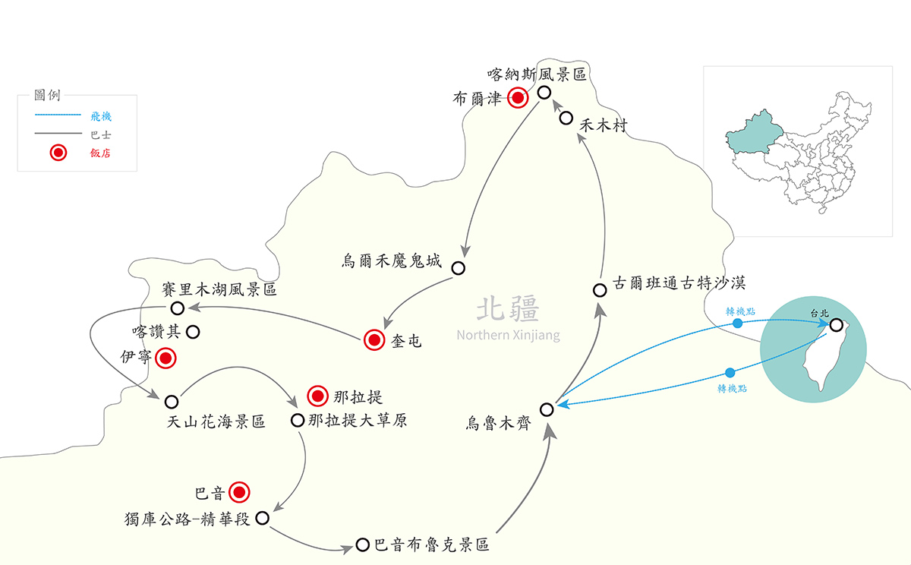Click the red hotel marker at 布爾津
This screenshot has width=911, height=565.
click(519, 98)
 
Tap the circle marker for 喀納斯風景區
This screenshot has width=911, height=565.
click(544, 93)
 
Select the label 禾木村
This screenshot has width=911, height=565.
click(603, 126)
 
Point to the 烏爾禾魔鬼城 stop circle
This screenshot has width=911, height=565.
click(458, 267)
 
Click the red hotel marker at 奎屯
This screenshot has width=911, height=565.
click(374, 341)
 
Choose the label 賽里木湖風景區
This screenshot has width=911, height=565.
click(219, 290)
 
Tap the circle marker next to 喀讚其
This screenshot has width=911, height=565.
click(193, 331)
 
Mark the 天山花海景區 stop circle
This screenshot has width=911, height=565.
click(171, 401)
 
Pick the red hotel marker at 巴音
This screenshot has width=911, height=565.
click(240, 493)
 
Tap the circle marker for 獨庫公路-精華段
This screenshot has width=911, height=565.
click(263, 518)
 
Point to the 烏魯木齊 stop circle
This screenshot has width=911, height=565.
click(547, 409)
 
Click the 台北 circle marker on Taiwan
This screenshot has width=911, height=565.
click(836, 325)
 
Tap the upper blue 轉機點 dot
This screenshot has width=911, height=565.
click(737, 324)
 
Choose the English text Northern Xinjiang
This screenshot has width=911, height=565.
click(508, 335)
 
